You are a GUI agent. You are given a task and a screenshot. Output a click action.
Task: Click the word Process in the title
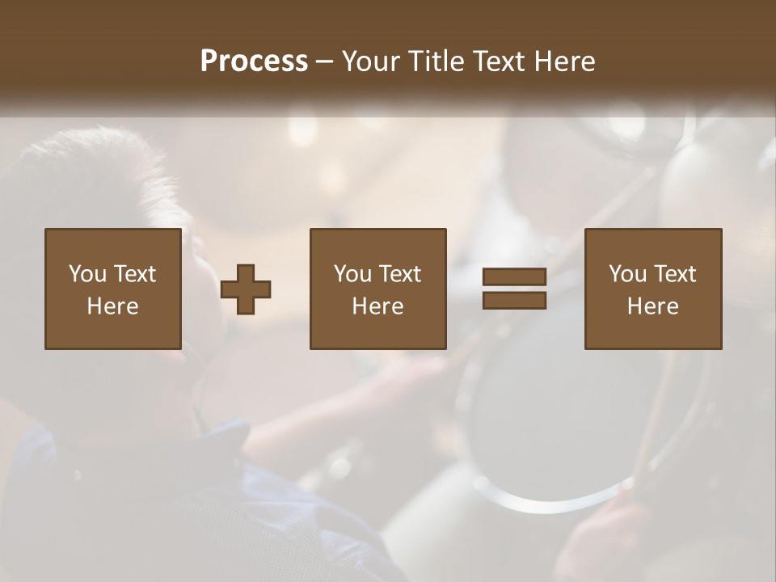[x=254, y=61]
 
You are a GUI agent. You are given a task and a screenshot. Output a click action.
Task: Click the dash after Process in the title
[x=324, y=63]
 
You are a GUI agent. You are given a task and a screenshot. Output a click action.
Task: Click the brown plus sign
[x=246, y=289]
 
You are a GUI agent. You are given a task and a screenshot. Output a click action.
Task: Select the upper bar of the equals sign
[x=514, y=276]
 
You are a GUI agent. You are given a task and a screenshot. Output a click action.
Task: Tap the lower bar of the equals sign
[x=514, y=300]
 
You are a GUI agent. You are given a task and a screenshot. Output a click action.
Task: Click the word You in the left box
[x=86, y=274]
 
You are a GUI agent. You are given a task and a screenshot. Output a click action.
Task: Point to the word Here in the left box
[x=112, y=306]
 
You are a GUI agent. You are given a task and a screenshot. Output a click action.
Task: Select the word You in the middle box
[x=352, y=274]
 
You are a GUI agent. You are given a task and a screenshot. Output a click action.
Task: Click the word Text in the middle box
[x=399, y=274]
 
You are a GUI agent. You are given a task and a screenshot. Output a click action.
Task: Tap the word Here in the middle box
[x=378, y=306]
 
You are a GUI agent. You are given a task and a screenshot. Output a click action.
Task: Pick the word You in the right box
[x=627, y=274]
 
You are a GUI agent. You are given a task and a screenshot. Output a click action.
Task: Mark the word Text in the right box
[x=674, y=274]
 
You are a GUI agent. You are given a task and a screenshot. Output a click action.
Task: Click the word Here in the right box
[x=653, y=306]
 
